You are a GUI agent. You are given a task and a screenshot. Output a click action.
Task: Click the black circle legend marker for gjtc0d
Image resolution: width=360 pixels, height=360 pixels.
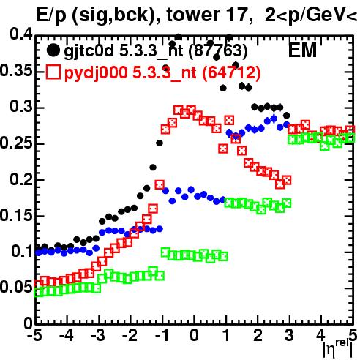click(53, 50)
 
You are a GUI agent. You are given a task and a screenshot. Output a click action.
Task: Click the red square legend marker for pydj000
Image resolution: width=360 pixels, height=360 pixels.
click(53, 72)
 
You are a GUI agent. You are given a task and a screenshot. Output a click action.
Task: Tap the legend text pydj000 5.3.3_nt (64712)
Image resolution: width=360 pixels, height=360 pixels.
click(162, 73)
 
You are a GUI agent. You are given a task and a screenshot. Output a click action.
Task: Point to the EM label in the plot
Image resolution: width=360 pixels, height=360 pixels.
click(302, 50)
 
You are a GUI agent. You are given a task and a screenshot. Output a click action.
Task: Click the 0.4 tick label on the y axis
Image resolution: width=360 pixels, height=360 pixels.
click(21, 34)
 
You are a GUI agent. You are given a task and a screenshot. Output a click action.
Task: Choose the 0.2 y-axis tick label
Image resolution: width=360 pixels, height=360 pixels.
click(21, 179)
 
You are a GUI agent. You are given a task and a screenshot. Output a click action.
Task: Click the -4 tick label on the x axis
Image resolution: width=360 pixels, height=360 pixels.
click(67, 336)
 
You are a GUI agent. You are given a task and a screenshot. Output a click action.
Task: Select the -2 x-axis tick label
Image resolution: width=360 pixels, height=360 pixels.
click(130, 336)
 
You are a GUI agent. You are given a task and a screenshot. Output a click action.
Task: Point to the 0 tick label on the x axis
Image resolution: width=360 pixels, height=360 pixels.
click(194, 336)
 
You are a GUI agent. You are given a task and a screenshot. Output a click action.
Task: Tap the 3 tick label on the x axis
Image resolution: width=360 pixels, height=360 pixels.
click(290, 336)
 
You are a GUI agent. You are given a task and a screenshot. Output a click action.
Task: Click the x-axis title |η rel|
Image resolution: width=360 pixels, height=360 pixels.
click(338, 348)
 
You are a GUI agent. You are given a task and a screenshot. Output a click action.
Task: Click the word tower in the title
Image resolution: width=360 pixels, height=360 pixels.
click(192, 15)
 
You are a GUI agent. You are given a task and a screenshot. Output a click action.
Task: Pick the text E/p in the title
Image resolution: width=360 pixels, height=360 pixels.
click(51, 15)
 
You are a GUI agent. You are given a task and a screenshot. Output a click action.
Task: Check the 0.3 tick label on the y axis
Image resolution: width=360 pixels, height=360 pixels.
click(21, 107)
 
